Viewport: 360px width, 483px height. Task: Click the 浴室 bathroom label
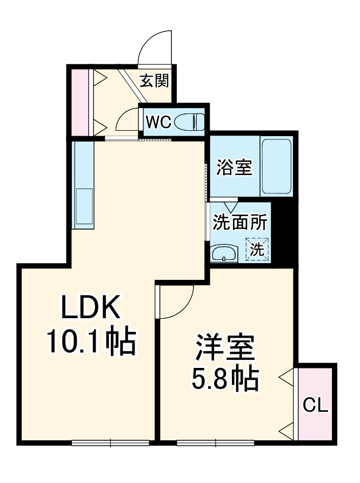point(234,167)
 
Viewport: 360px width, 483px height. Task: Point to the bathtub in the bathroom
point(276,167)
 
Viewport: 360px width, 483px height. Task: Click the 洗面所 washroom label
point(239,222)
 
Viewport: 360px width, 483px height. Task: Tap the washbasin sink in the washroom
point(223,253)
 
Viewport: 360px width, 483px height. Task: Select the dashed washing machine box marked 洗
point(257,250)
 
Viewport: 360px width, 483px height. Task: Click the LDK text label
point(90,309)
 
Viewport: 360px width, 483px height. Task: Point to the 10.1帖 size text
point(91,340)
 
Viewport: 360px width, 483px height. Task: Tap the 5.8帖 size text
point(224,380)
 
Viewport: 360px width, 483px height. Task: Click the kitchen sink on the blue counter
point(84,206)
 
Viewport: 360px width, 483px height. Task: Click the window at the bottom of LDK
point(110,443)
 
